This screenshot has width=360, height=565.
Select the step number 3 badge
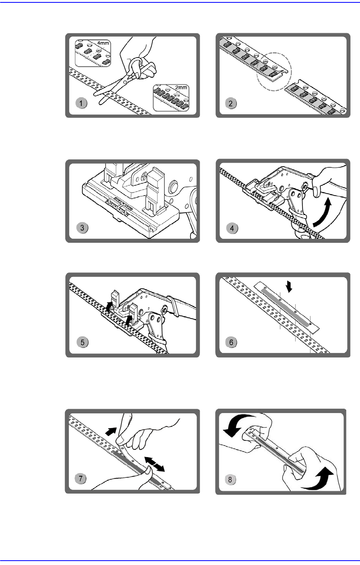point(82,228)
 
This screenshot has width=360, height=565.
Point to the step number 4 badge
point(231,228)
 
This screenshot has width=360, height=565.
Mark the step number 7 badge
point(81,479)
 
